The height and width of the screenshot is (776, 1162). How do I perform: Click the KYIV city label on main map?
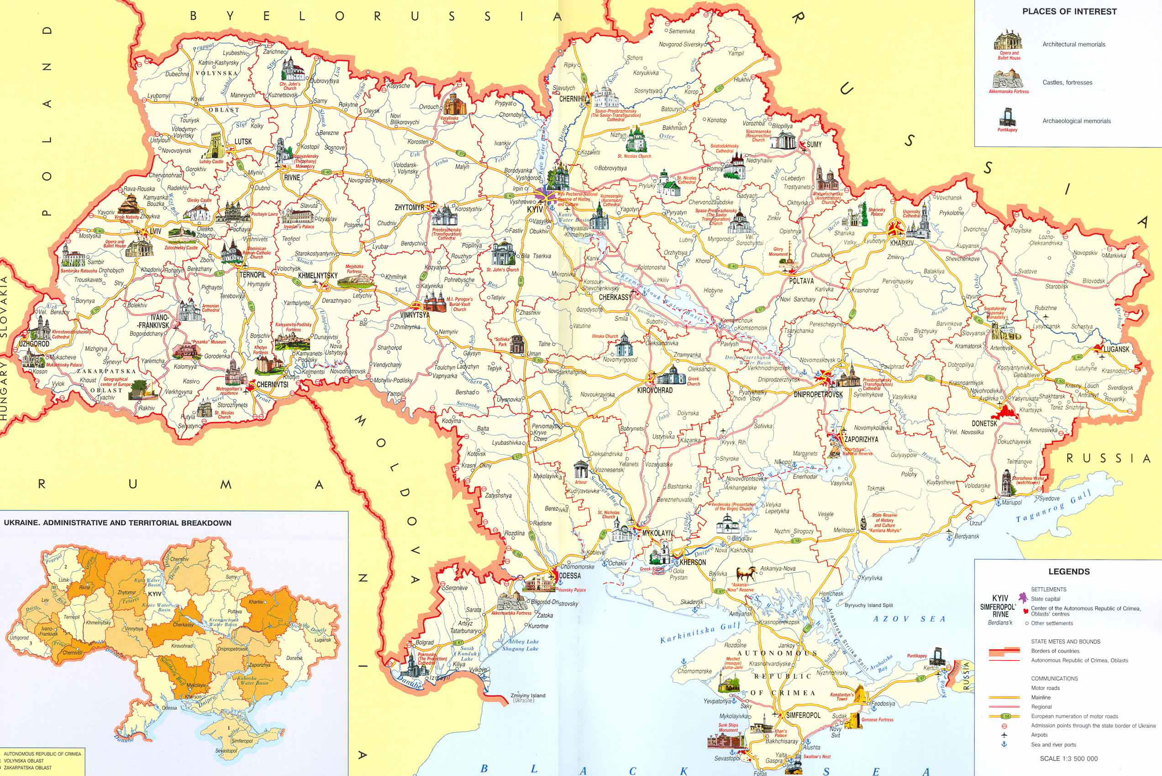click(535, 210)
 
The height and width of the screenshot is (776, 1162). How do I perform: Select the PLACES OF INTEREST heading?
click(1069, 11)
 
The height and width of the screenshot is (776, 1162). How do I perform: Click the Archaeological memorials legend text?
click(1076, 121)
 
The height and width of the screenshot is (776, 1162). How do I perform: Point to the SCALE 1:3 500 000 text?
click(1068, 759)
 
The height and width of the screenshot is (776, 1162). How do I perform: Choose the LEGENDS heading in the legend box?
click(1069, 572)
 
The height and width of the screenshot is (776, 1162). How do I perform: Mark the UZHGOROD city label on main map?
click(34, 343)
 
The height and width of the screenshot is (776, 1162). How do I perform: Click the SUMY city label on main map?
click(814, 145)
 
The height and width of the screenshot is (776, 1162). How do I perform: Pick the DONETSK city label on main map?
click(984, 424)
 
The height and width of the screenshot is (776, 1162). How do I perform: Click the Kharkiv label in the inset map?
click(256, 602)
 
